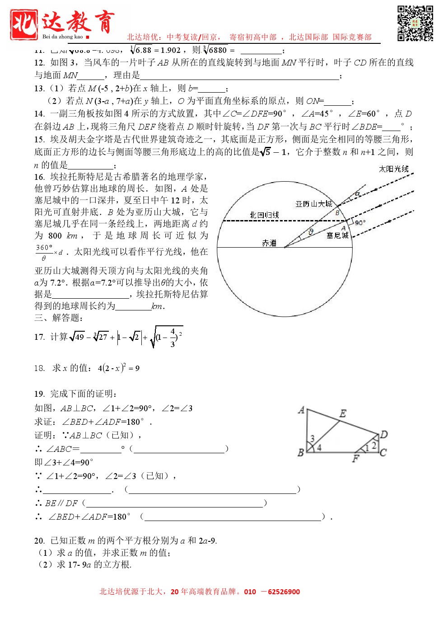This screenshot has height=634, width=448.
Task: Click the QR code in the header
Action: [415, 23]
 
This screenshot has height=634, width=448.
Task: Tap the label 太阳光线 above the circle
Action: [393, 169]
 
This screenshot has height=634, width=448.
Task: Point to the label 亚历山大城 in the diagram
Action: [314, 204]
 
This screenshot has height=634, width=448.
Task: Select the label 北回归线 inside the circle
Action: [264, 215]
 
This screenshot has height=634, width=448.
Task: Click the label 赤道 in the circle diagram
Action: [269, 243]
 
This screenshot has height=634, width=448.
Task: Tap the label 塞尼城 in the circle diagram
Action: [337, 235]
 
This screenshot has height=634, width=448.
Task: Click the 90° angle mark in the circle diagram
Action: [360, 223]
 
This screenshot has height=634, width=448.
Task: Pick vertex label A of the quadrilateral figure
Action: [301, 410]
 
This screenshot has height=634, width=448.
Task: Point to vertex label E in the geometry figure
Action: [343, 413]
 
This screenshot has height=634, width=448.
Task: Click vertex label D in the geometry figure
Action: [384, 435]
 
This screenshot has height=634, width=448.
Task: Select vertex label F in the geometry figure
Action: [355, 459]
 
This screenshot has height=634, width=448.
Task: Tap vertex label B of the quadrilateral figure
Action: [301, 453]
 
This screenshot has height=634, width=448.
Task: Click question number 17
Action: [39, 337]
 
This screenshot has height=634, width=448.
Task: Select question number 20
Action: [39, 540]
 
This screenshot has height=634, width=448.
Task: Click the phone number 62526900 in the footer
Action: [284, 592]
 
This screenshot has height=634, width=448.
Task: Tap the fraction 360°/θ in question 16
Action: [44, 253]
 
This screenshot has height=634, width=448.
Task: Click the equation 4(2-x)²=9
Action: [118, 368]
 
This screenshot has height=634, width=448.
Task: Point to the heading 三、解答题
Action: [59, 318]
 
